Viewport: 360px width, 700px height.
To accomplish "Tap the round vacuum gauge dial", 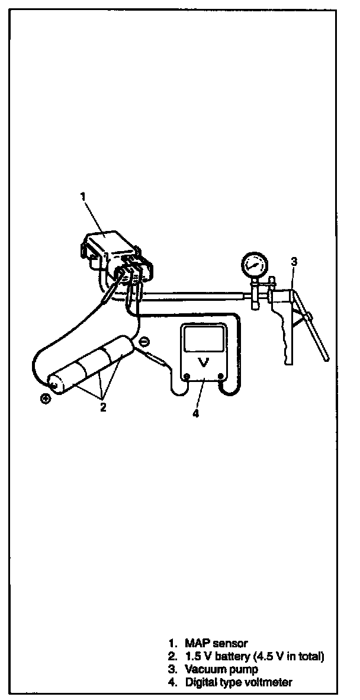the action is click(x=253, y=265).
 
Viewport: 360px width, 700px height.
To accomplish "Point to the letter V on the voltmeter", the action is click(x=203, y=364).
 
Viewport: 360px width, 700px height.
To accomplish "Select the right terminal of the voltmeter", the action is click(x=220, y=376).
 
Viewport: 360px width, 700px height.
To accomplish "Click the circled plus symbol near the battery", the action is click(x=45, y=398).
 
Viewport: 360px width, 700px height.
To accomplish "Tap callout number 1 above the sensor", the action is click(x=83, y=196).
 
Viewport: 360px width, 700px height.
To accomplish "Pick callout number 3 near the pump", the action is click(x=294, y=261).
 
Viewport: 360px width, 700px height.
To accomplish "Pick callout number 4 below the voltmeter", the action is click(x=195, y=413).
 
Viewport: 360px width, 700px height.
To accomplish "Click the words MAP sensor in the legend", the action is click(x=216, y=643).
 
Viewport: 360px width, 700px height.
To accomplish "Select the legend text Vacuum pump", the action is click(x=221, y=669).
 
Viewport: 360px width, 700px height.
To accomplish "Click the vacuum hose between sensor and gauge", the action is click(x=195, y=293).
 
